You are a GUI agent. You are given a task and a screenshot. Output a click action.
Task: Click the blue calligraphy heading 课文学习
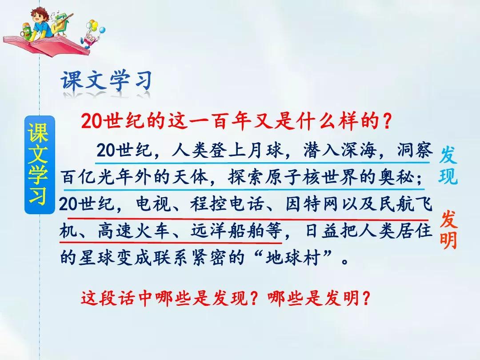[106, 81]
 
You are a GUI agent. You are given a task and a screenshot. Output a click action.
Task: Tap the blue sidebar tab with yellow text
[40, 165]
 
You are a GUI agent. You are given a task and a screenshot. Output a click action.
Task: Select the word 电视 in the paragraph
[153, 204]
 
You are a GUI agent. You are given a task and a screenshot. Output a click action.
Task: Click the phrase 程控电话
[227, 204]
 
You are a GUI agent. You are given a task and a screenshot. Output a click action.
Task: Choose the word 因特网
[312, 204]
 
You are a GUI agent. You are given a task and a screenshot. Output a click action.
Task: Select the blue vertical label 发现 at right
[448, 165]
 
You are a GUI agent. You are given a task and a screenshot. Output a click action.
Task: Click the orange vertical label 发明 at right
[449, 230]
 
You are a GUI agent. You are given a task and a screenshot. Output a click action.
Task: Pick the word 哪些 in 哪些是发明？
[286, 297]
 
